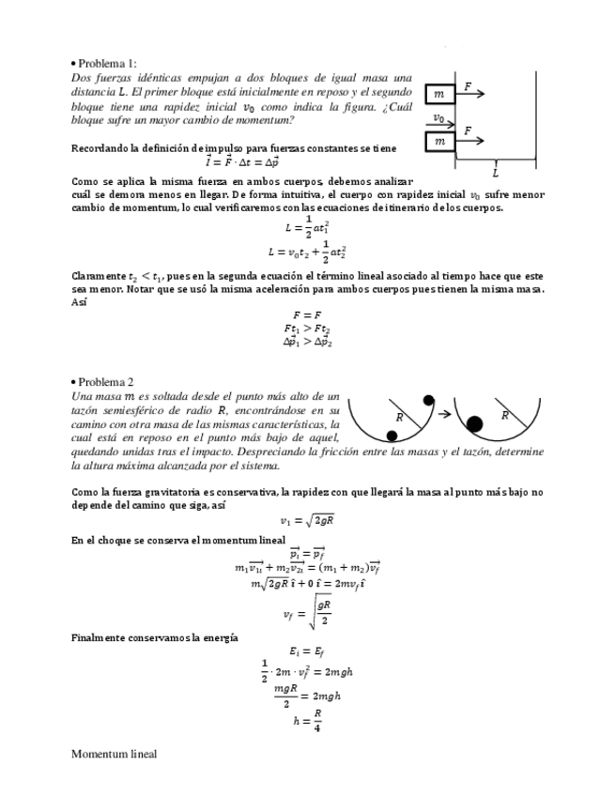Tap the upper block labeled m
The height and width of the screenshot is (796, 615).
(439, 95)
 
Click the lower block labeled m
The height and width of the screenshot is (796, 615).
(439, 142)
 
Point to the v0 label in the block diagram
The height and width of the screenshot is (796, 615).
(438, 119)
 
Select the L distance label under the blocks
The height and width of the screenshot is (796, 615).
(495, 173)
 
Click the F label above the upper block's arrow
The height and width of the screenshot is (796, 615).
(468, 86)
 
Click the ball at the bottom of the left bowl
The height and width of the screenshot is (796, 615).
(390, 435)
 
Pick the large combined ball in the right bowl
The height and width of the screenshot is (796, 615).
(475, 423)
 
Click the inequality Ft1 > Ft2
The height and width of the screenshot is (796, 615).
(307, 329)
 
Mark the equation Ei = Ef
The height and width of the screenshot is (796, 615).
(307, 652)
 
